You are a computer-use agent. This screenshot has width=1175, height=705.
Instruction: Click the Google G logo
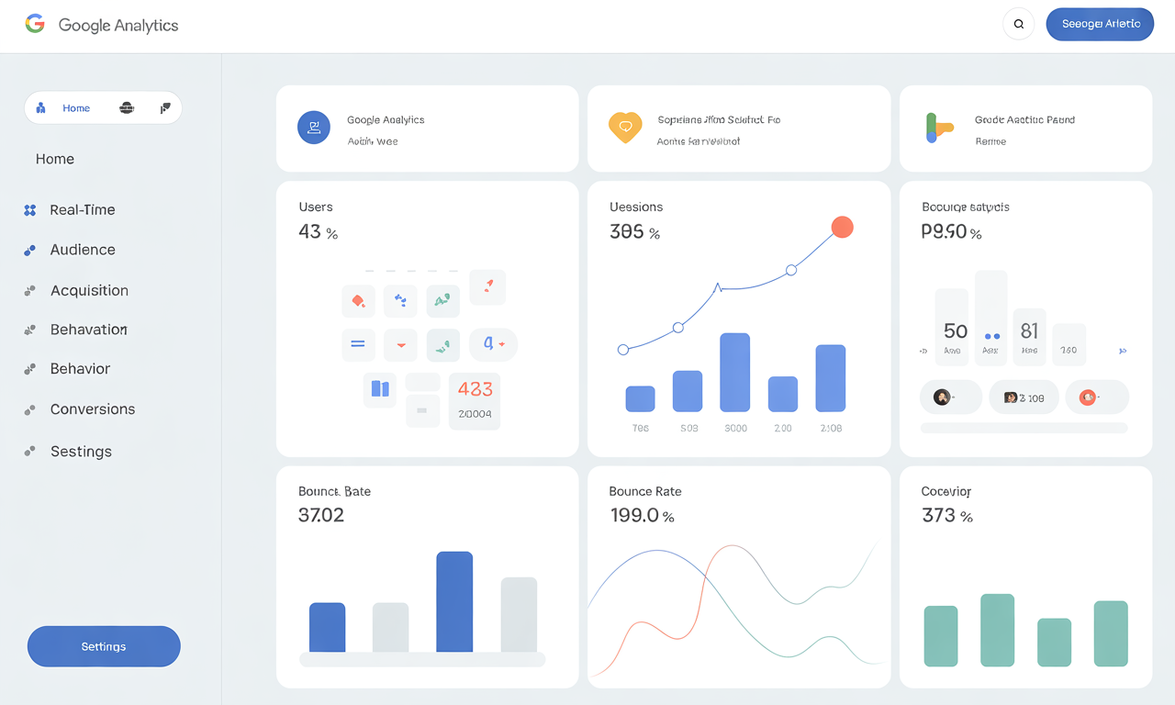pos(35,24)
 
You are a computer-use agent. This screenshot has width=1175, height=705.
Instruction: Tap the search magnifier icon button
pos(1019,24)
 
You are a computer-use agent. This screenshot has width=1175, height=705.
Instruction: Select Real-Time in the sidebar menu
pos(82,209)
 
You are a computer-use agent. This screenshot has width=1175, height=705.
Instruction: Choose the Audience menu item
pos(82,250)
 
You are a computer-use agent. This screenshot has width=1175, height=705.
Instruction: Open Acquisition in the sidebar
pos(88,290)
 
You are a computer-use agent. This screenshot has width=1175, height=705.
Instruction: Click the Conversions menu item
pos(92,409)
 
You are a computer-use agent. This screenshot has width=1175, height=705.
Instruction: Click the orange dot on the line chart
pos(842,227)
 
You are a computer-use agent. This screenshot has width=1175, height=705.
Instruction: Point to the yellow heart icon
pos(624,127)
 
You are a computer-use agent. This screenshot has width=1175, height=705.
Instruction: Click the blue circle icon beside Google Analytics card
pos(314,127)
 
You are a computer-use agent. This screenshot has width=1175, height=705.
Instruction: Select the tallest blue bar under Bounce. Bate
pos(454,601)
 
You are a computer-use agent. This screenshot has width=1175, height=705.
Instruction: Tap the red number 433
pos(475,389)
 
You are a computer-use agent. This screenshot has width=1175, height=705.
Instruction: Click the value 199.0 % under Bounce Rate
pos(642,516)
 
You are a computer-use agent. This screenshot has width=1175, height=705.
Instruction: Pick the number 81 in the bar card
pos(1029,330)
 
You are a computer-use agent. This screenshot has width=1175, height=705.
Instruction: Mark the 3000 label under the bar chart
pos(735,429)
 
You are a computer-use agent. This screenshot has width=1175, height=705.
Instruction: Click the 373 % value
pos(946,516)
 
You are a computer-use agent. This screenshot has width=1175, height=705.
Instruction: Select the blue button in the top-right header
pos(1101,24)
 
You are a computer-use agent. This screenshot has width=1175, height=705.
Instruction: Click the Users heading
pos(316,207)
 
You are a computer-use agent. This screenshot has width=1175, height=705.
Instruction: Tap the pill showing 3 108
pos(1024,397)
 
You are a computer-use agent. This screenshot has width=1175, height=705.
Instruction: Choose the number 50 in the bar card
pos(955,330)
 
